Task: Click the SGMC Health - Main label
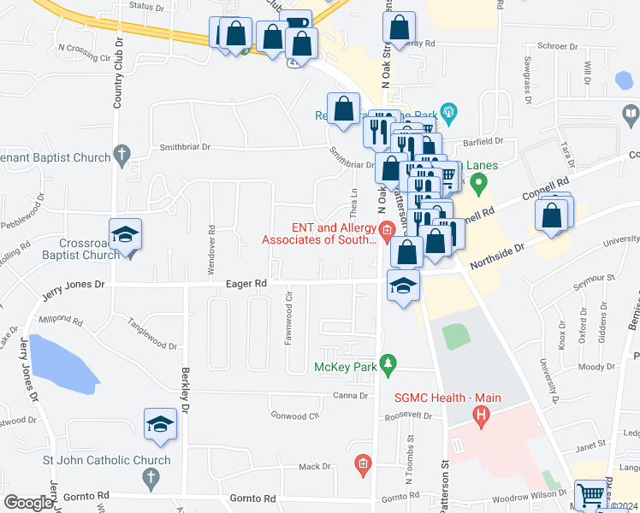point(447,398)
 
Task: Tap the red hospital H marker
point(482,416)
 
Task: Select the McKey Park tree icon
point(388,365)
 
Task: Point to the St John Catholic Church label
point(107,460)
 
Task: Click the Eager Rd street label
point(246,282)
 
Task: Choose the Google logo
point(27,503)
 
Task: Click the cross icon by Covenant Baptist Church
point(122,155)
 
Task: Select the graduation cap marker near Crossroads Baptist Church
point(125,235)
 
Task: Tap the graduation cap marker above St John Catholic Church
point(160,423)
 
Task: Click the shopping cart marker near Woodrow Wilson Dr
point(591,495)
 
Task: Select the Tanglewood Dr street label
point(151,334)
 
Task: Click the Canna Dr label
point(350,396)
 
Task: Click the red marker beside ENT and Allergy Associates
point(387,229)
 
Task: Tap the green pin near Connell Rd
point(479,182)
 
